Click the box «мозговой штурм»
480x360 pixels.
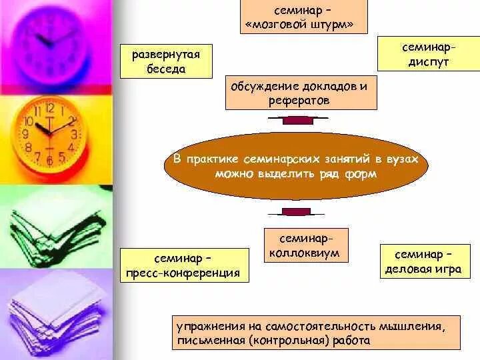tap(304, 18)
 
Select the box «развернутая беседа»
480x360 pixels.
tap(166, 61)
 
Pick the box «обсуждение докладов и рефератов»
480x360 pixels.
tap(301, 93)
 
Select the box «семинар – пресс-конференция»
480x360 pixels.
tap(184, 265)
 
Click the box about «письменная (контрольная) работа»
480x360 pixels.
tap(316, 333)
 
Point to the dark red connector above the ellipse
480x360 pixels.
tap(298, 119)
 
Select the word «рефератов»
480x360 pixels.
tap(300, 101)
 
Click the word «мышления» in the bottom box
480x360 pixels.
tap(417, 326)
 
